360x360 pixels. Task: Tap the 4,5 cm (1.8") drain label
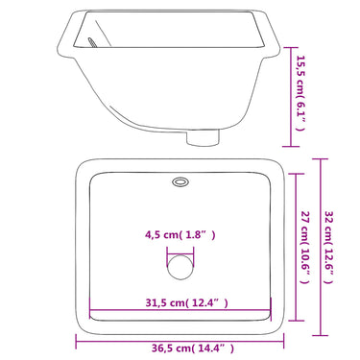point(180,235)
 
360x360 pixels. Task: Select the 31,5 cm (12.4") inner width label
point(187,302)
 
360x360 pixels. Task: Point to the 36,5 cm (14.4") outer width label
point(193,348)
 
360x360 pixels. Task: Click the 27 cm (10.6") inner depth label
point(305,248)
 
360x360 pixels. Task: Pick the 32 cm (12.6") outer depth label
point(329,247)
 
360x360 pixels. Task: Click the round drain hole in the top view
point(180,267)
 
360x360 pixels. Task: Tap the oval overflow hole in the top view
point(180,182)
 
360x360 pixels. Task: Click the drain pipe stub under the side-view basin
point(203,137)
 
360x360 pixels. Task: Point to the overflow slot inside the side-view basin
point(92,42)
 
